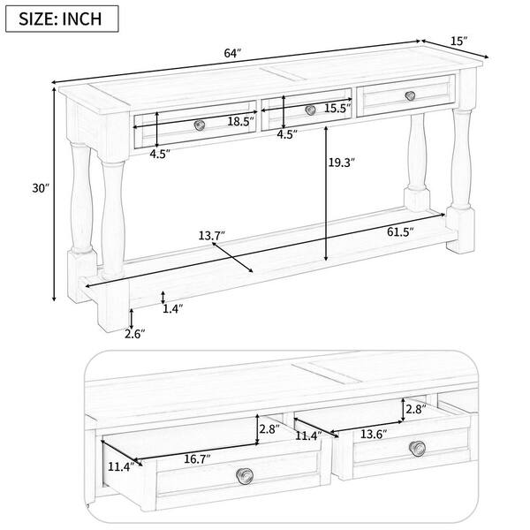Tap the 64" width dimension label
click(232, 54)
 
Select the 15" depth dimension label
click(458, 41)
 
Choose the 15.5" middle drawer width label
click(336, 108)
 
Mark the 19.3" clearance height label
click(340, 163)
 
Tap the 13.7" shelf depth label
click(211, 236)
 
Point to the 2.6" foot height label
click(134, 333)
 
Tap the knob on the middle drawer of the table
click(310, 110)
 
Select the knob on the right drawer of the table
click(410, 95)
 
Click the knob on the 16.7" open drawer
click(242, 476)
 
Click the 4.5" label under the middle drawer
click(286, 135)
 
